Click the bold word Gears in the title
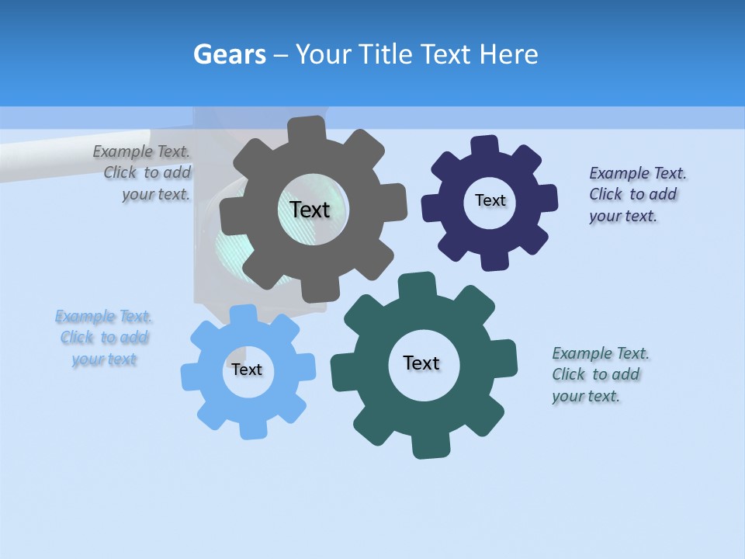(229, 54)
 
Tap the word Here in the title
(508, 54)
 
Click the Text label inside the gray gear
(310, 210)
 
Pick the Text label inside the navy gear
(490, 200)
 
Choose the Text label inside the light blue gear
(247, 370)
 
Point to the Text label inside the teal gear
(421, 363)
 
